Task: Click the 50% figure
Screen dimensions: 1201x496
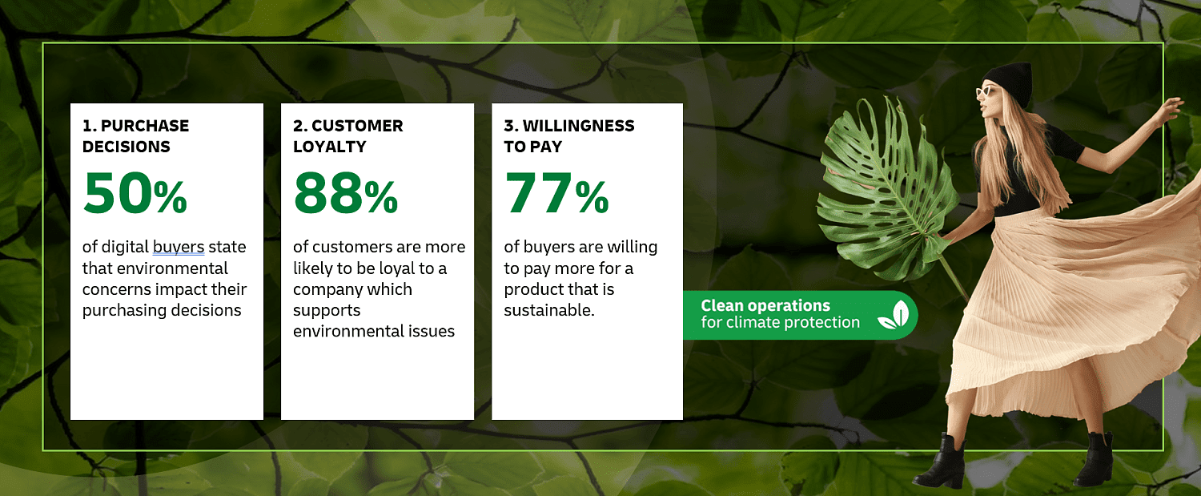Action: pyautogui.click(x=135, y=192)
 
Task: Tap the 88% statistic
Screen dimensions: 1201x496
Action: pyautogui.click(x=346, y=192)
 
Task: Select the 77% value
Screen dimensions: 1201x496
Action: pyautogui.click(x=556, y=192)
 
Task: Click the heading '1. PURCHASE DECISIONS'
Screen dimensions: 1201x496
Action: pyautogui.click(x=135, y=135)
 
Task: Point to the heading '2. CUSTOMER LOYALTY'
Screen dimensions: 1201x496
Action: pyautogui.click(x=348, y=135)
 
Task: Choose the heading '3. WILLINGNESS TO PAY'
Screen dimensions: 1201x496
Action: pyautogui.click(x=568, y=135)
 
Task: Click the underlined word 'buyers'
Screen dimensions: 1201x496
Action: pyautogui.click(x=179, y=248)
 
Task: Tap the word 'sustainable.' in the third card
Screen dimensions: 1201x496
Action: pyautogui.click(x=549, y=310)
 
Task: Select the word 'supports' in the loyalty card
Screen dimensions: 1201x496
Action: pyautogui.click(x=327, y=311)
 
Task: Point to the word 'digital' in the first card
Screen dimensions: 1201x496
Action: pyautogui.click(x=125, y=247)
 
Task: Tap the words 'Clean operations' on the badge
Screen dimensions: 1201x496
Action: pyautogui.click(x=765, y=305)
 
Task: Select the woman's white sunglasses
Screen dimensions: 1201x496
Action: pyautogui.click(x=986, y=91)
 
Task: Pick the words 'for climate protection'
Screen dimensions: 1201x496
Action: pyautogui.click(x=780, y=322)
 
